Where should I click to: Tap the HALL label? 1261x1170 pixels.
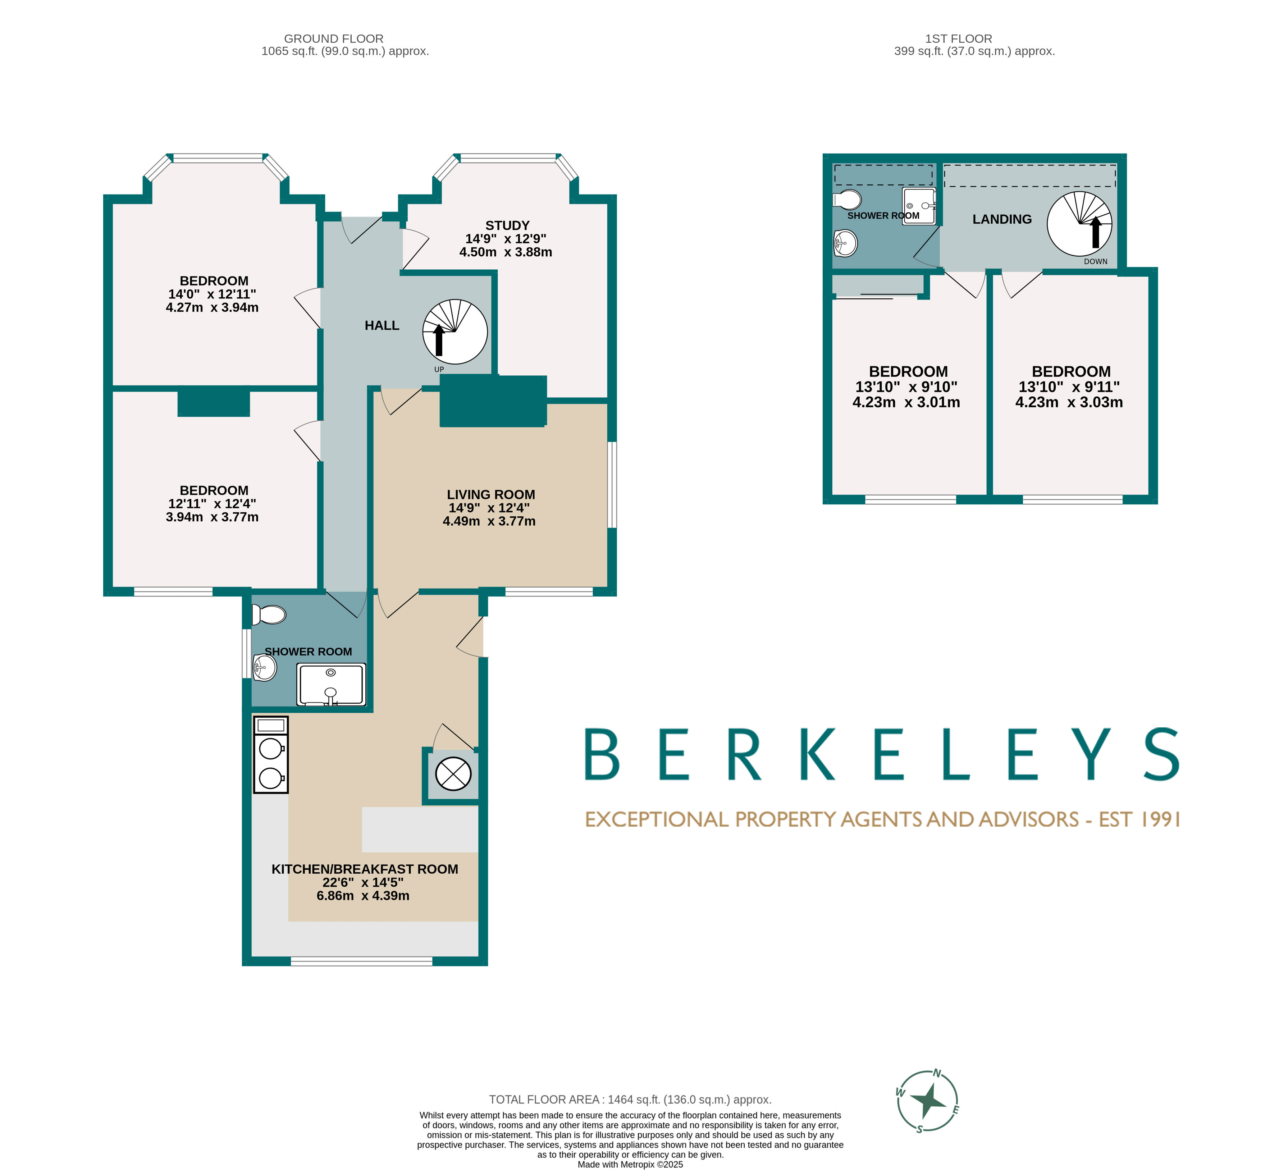[382, 325]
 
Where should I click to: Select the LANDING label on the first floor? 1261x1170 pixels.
[1001, 219]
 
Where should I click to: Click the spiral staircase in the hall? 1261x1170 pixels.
[454, 332]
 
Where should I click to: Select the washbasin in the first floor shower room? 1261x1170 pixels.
[845, 242]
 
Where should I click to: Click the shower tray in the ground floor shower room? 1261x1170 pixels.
[331, 684]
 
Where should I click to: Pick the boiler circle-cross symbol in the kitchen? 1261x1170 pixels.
[453, 774]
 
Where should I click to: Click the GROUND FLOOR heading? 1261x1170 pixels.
[334, 38]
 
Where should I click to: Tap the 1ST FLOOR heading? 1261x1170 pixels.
[958, 38]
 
